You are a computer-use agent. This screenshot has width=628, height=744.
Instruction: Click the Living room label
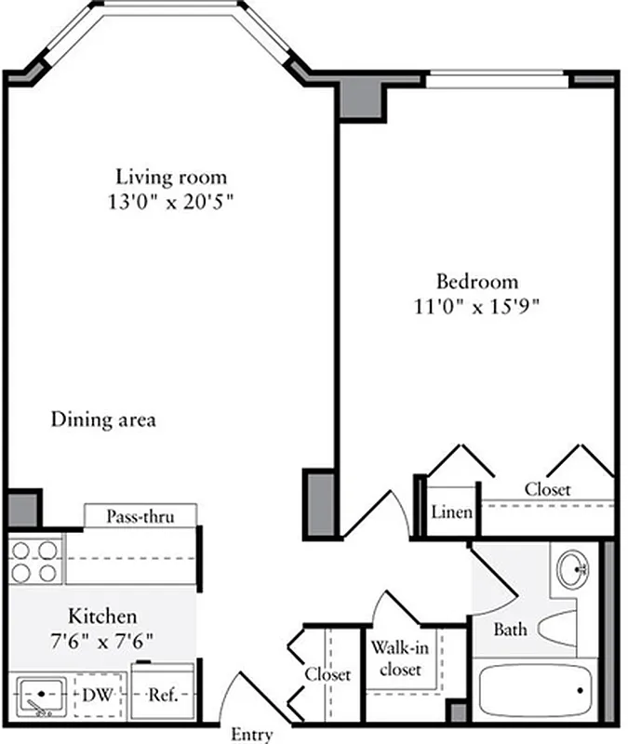point(170,176)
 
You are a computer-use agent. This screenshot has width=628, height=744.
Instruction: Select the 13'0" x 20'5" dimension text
point(170,201)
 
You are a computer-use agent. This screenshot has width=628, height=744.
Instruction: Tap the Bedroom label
point(477,281)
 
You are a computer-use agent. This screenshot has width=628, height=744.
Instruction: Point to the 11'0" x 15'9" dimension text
point(477,305)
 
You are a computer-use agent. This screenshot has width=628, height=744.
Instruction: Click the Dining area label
point(102,420)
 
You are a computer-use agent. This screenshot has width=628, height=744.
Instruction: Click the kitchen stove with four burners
point(35,560)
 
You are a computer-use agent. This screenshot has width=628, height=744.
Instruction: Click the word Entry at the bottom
point(251,735)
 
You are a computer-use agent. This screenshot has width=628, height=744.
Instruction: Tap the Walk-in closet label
point(396,658)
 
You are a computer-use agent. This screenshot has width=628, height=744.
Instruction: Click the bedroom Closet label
point(547,489)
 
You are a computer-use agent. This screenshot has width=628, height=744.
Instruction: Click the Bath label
point(509,630)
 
